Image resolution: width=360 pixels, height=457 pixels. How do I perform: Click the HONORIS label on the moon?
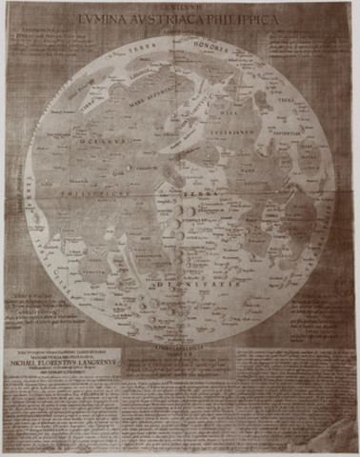(224, 54)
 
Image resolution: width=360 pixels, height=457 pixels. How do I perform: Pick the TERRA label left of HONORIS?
(144, 54)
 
